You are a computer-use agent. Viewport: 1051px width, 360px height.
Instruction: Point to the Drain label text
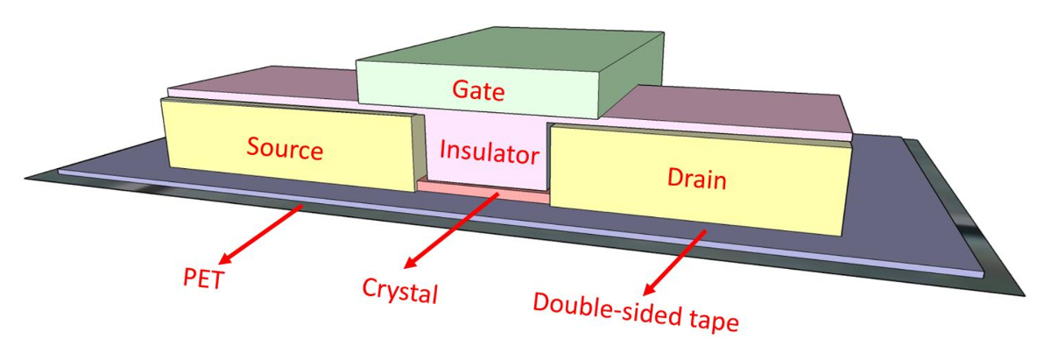696,180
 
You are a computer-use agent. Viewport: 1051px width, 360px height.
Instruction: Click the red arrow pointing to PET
263,233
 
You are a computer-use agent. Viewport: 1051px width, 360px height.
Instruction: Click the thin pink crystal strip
483,189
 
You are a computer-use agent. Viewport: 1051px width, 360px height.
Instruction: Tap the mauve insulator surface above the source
263,84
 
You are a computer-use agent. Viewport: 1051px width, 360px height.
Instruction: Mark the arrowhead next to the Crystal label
411,264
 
